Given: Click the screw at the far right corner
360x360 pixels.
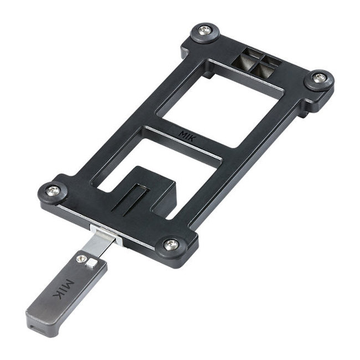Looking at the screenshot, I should (319, 79).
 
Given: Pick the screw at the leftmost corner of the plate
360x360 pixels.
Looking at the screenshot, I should (53, 190).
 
